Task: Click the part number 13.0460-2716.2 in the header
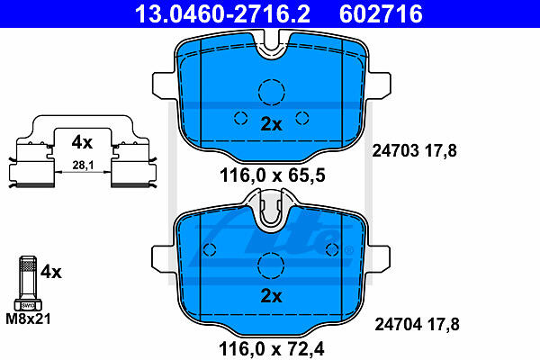(222, 13)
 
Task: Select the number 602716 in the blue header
(381, 13)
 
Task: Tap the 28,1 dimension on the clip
(83, 166)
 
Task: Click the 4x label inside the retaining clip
(82, 142)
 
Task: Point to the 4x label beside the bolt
(51, 272)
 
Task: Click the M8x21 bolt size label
(28, 319)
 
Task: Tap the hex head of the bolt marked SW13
(28, 305)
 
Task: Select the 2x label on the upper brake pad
(272, 124)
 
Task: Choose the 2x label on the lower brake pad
(272, 296)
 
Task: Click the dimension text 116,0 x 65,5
(273, 175)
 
